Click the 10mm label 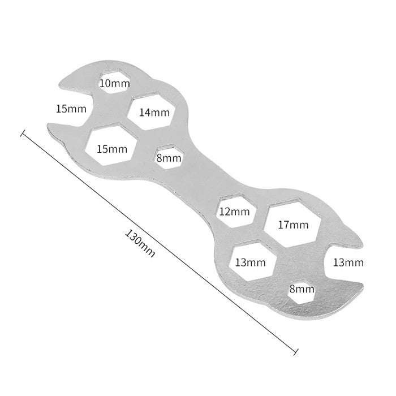coord(115,83)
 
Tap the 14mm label coord(154,113)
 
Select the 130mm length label coord(140,243)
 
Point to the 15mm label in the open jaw coord(71,109)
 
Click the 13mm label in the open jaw coord(348,262)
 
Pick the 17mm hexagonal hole coord(292,222)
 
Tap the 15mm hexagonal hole coord(112,144)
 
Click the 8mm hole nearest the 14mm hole coord(169,157)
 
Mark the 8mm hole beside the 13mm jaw coord(302,292)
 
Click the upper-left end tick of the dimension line coord(23,133)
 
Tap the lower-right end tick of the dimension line coord(296,352)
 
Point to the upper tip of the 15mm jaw coord(59,85)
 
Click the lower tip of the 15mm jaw coord(48,126)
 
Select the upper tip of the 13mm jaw coord(363,243)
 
